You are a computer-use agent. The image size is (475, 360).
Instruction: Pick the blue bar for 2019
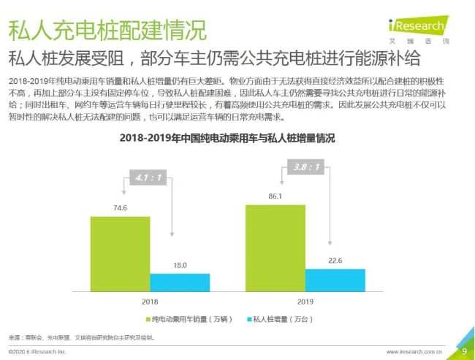point(335,280)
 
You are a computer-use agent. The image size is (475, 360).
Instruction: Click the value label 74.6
point(119,208)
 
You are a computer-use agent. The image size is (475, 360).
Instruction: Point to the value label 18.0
point(180,265)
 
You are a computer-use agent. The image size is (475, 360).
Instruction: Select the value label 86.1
point(275,197)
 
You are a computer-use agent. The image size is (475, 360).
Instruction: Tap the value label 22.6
point(335,260)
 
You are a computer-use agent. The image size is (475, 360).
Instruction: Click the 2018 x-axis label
point(149,301)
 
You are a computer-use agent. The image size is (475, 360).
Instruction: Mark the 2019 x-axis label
point(305,301)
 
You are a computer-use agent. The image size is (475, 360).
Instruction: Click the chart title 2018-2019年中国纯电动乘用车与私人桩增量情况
point(227,138)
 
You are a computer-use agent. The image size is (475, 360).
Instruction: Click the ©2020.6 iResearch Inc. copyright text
point(38,351)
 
